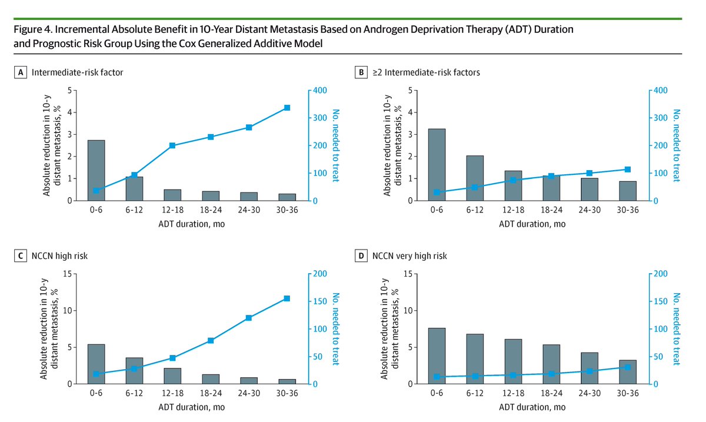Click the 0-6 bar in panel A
[96, 171]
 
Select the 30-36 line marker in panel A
[287, 108]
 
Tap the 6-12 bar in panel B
[475, 178]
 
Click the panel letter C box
[22, 256]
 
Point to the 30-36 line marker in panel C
[287, 298]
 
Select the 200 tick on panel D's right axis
[660, 274]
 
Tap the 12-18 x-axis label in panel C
[172, 395]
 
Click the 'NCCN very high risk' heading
[409, 256]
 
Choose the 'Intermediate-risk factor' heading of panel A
[78, 72]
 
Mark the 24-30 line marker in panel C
[249, 318]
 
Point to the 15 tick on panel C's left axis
[69, 274]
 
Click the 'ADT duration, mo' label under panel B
[532, 224]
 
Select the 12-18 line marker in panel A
[172, 145]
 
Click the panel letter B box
[362, 72]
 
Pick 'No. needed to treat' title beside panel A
[337, 145]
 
